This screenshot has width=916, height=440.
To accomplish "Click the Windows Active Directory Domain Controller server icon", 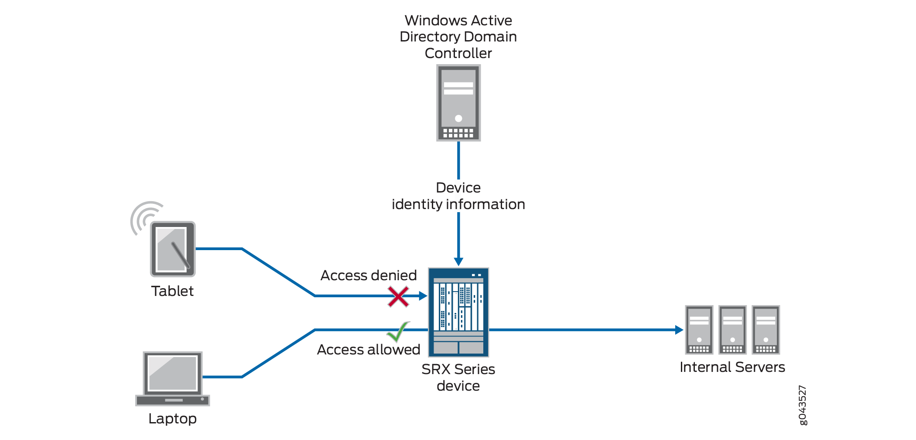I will [458, 103].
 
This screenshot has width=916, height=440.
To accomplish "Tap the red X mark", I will [398, 297].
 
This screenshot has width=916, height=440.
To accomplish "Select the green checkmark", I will [397, 332].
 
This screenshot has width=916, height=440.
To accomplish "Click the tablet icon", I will [173, 249].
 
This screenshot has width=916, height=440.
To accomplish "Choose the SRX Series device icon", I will [458, 312].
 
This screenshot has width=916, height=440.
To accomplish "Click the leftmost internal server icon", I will [699, 330].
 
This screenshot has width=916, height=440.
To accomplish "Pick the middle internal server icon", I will [732, 330].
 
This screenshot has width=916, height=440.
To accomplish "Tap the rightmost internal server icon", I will [766, 330].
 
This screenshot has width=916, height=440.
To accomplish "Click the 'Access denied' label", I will [369, 275].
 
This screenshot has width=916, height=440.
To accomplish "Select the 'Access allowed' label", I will [369, 350].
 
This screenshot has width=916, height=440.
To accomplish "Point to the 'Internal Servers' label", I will [732, 367].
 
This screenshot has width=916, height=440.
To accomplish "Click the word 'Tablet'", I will [172, 291].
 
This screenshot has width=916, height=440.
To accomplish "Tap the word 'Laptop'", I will [172, 419].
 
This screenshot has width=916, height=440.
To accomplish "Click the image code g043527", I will [803, 405].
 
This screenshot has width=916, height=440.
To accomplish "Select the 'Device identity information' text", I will [458, 196].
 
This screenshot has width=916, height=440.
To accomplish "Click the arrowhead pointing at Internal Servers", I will [679, 330].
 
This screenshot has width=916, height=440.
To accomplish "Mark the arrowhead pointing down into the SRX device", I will [458, 261].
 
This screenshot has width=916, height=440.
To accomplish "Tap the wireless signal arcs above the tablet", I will [144, 216].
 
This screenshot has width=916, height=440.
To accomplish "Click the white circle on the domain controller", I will [458, 118].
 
